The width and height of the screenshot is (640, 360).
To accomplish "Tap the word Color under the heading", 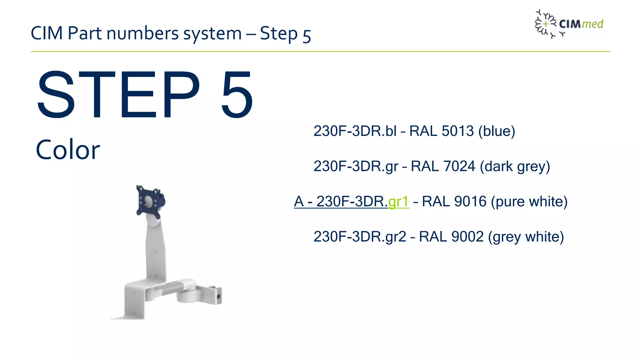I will (68, 150).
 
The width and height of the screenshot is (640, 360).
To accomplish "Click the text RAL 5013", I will (441, 131).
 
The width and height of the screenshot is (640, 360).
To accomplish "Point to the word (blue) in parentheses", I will (497, 131).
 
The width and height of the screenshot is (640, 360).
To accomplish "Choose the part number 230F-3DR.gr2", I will (360, 237).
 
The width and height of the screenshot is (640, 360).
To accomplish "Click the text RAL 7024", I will (443, 166).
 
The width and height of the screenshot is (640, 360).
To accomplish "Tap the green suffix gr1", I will (398, 202).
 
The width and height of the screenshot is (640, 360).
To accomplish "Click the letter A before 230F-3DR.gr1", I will (299, 202).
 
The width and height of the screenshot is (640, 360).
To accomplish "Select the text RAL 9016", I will (454, 202).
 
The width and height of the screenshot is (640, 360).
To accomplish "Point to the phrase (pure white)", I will (529, 202).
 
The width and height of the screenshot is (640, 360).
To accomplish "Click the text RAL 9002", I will (451, 237).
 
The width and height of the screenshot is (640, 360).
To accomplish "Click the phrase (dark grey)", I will (515, 166).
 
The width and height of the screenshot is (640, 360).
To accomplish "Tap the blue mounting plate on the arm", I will (149, 202).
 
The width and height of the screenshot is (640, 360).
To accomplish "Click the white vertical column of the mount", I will (155, 250).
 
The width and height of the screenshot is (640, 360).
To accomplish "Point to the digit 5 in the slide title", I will (307, 35).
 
